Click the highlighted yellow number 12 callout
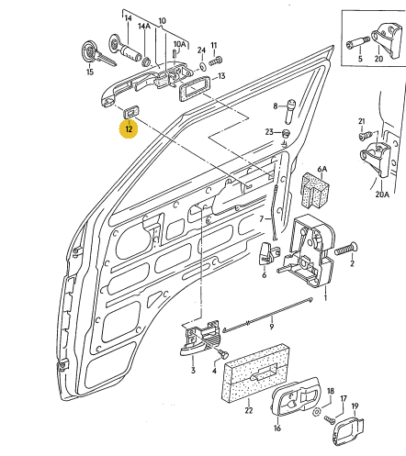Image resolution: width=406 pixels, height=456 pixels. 129,129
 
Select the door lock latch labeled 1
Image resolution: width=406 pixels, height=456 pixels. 309,252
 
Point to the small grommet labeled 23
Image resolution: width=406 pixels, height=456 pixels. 286,135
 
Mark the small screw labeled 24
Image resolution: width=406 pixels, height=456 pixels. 217,61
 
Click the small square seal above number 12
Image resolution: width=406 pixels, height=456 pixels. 130,109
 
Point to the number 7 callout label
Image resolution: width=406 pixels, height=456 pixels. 261,219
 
